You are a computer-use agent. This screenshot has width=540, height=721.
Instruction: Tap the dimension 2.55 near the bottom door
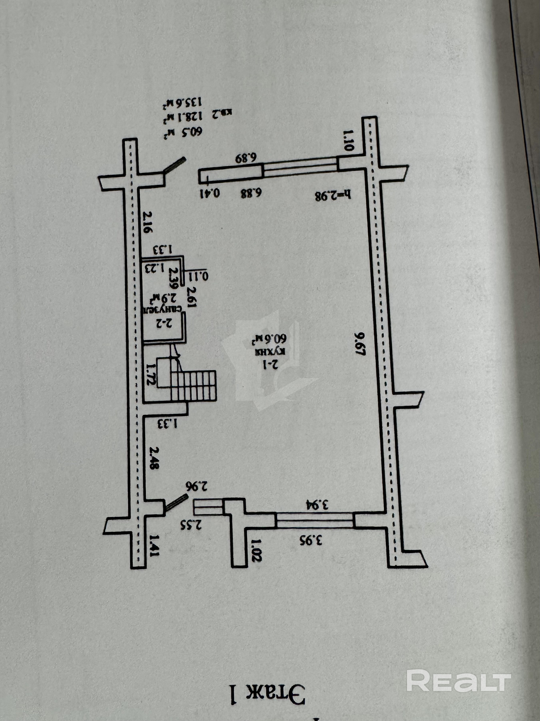[191, 525]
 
